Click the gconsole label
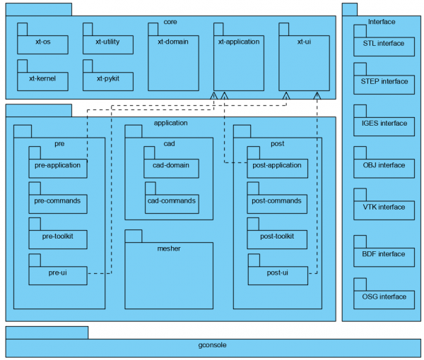pos(213,346)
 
